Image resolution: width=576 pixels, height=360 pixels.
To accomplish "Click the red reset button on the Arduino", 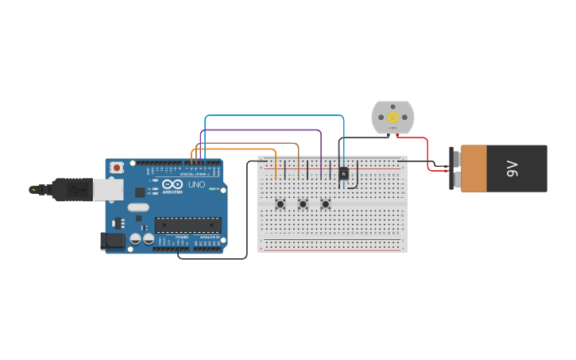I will pyautogui.click(x=117, y=168).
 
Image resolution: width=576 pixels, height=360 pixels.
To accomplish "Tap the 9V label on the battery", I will pyautogui.click(x=512, y=168).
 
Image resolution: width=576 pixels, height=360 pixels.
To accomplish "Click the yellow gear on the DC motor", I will pyautogui.click(x=392, y=117).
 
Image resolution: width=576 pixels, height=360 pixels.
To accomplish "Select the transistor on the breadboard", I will pyautogui.click(x=343, y=173).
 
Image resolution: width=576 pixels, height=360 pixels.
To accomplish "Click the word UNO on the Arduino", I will pyautogui.click(x=196, y=184).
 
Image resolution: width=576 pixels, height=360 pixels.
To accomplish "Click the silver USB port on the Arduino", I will pyautogui.click(x=107, y=189).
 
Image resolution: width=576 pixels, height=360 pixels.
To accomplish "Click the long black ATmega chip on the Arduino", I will pyautogui.click(x=187, y=226).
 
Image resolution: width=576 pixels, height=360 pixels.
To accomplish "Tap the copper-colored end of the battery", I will pyautogui.click(x=474, y=168).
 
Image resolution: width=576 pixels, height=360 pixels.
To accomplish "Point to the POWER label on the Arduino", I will pyautogui.click(x=182, y=237).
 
